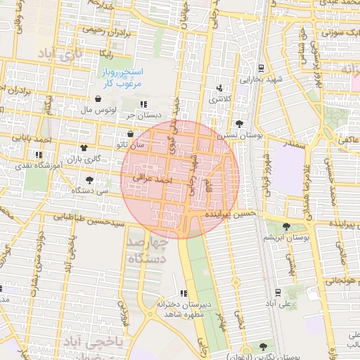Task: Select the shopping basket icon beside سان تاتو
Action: pos(130,134)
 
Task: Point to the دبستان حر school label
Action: pos(140,115)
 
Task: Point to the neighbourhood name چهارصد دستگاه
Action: pos(149,251)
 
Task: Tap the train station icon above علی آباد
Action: pos(278,292)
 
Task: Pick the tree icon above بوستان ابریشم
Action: pos(286,226)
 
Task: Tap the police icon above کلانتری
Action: pos(220,88)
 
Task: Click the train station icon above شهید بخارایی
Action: pos(262,68)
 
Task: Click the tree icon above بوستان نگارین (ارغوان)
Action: pos(263,347)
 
